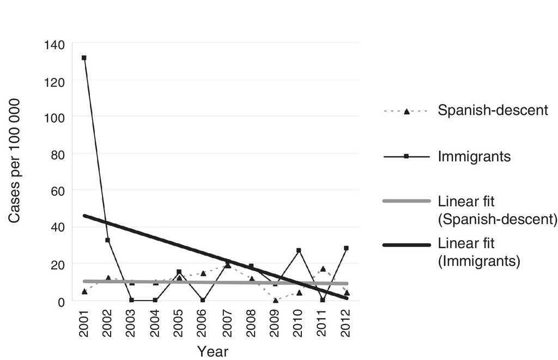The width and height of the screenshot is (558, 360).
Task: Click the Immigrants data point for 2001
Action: (84, 58)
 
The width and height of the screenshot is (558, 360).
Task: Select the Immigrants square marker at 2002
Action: (108, 240)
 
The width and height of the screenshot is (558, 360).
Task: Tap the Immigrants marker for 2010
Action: (299, 251)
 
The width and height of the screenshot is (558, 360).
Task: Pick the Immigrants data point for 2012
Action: (346, 248)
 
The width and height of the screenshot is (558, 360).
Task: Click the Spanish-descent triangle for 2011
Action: (323, 269)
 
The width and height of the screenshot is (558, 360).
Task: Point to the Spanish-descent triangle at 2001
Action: (84, 291)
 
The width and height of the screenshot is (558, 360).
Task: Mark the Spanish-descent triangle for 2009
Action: (275, 300)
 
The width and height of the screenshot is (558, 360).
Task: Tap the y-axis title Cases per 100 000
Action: (15, 161)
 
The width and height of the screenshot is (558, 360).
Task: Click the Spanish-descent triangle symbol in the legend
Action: (407, 111)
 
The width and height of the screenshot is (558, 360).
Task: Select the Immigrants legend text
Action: (474, 157)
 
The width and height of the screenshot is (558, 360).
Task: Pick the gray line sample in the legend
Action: (407, 202)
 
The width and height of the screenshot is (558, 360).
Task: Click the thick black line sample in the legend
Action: (407, 245)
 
